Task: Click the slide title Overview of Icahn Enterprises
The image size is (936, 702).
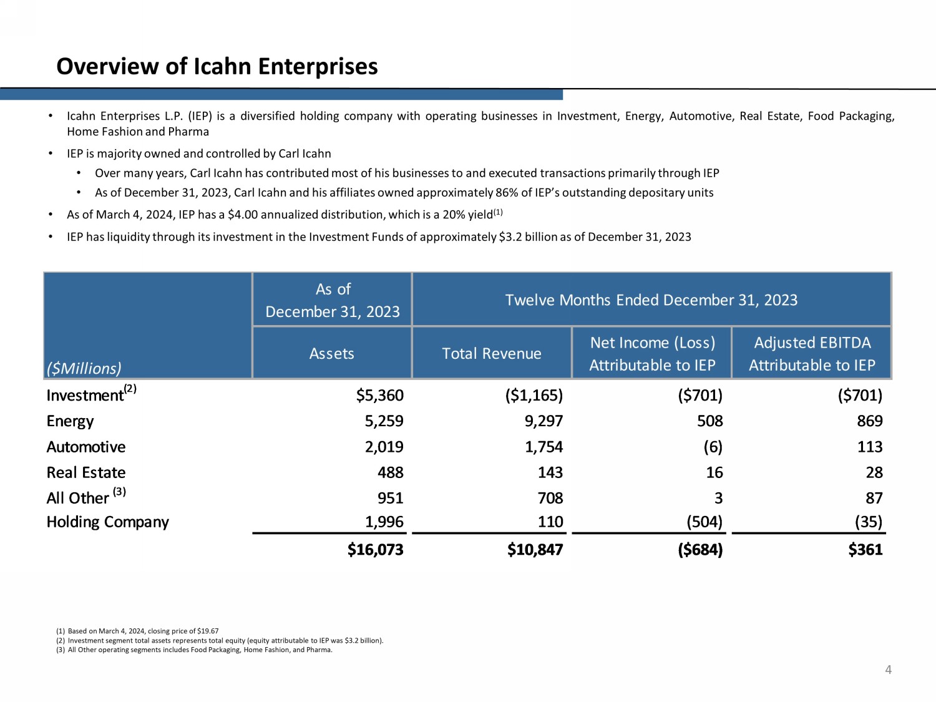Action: (x=217, y=66)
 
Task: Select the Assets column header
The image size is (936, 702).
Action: (x=331, y=354)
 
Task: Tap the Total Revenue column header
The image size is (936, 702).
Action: (x=492, y=354)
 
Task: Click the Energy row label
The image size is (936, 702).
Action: (x=70, y=421)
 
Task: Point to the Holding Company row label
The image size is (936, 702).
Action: (x=107, y=522)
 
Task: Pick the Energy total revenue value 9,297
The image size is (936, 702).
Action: (x=544, y=421)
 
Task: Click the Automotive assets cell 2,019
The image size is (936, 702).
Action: (x=384, y=447)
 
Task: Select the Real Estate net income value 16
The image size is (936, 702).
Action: (x=714, y=472)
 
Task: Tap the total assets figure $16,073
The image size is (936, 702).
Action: (x=375, y=550)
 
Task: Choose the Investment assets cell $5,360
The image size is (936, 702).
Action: (x=379, y=396)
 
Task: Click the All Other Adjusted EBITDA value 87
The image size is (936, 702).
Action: (x=874, y=498)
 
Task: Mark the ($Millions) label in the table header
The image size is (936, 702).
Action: (x=84, y=369)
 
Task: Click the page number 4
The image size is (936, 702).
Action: (x=888, y=670)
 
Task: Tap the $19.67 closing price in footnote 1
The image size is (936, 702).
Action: (x=208, y=631)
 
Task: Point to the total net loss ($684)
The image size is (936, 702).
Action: (x=700, y=550)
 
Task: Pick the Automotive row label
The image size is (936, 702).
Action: (x=86, y=447)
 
